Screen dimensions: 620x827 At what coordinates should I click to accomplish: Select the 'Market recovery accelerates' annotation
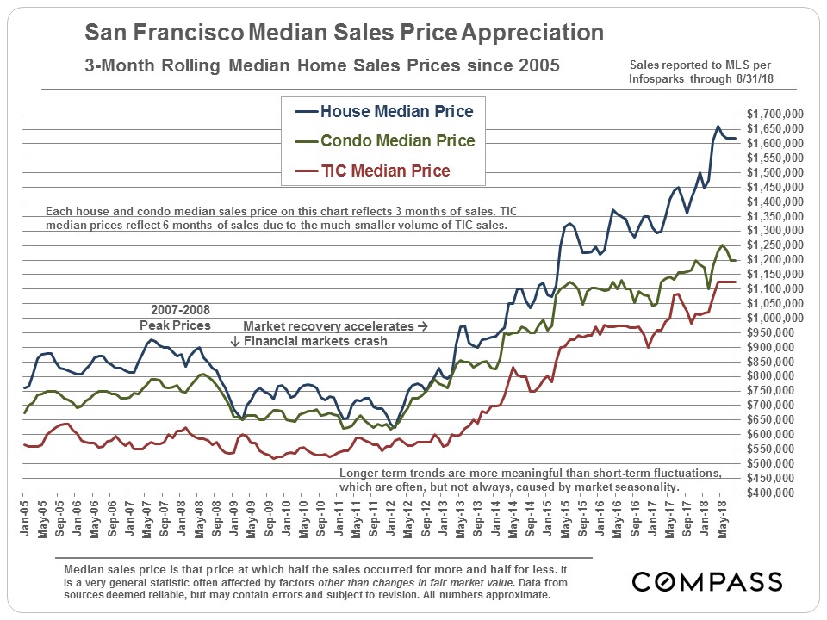pos(335,327)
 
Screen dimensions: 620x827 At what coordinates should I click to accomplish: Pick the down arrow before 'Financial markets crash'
pos(234,342)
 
